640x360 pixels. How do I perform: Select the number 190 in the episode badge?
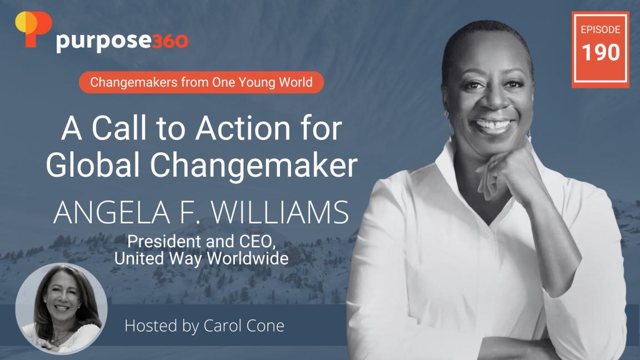(x=601, y=53)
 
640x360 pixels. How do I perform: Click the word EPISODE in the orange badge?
(x=601, y=29)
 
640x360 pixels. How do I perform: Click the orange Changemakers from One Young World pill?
(x=201, y=83)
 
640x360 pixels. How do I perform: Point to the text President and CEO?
(x=201, y=242)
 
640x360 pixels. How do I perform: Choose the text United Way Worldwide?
(x=201, y=258)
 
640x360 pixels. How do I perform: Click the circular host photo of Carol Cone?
(x=61, y=308)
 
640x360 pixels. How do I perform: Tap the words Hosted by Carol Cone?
(x=204, y=326)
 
